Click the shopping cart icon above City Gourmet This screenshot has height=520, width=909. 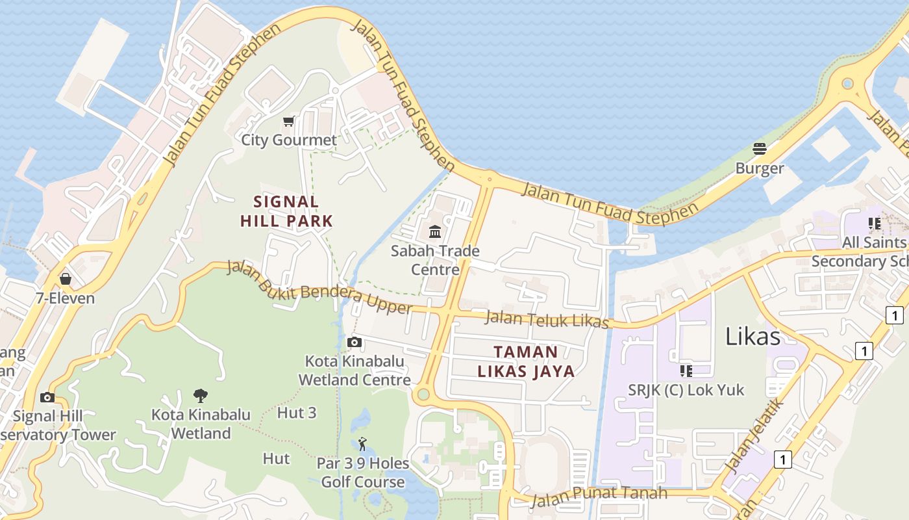[x=289, y=121]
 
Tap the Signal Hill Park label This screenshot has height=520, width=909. [x=286, y=211]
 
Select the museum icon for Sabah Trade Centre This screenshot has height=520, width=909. [x=435, y=231]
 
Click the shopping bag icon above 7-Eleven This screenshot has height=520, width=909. [x=65, y=279]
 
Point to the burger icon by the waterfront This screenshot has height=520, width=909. [x=760, y=149]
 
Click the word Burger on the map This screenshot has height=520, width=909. [x=760, y=168]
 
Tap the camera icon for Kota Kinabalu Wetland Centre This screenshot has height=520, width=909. [x=354, y=342]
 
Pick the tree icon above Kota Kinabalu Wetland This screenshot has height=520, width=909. [x=201, y=395]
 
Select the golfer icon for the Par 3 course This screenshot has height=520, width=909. [x=362, y=445]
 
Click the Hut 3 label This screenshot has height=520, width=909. [x=297, y=413]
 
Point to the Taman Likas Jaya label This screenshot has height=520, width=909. [x=526, y=361]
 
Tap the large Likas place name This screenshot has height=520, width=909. [x=753, y=337]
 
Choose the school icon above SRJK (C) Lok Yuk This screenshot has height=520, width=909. [x=686, y=370]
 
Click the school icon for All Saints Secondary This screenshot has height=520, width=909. [x=875, y=224]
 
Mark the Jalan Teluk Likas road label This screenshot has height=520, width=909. [x=547, y=320]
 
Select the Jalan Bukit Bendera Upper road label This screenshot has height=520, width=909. [x=319, y=288]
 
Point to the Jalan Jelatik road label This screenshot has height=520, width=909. [x=754, y=436]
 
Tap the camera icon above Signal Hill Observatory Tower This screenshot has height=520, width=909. [x=47, y=397]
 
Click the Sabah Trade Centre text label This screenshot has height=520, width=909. [x=435, y=260]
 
